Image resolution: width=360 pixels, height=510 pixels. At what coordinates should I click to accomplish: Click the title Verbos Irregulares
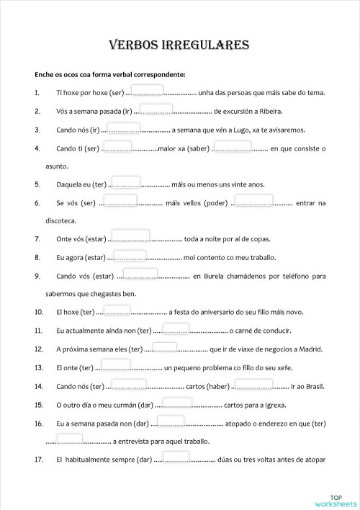(x=179, y=45)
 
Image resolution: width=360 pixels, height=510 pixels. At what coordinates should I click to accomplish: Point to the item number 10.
(x=39, y=313)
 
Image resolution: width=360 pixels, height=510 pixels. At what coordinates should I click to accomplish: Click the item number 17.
(x=39, y=460)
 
